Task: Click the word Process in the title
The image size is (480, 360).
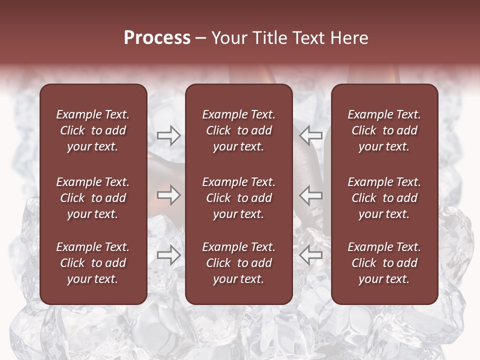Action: tap(157, 38)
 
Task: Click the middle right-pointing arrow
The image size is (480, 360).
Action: tap(168, 195)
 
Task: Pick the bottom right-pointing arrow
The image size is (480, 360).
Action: tap(168, 255)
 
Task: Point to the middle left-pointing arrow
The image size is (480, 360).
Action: tap(310, 195)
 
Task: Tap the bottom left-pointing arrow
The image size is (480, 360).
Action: tap(310, 255)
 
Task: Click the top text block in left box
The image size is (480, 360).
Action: tap(93, 130)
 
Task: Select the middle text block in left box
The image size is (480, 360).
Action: tap(93, 198)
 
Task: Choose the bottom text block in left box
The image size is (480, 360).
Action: tap(93, 263)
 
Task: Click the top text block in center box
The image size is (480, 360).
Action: tap(239, 130)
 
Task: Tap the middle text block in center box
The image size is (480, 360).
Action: tap(239, 198)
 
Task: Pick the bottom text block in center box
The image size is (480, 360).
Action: tap(239, 263)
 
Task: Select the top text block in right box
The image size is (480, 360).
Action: tap(384, 130)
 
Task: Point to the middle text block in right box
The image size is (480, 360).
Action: tap(384, 198)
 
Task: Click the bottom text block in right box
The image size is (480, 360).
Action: tap(384, 263)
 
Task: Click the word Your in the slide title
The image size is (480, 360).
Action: tap(229, 38)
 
